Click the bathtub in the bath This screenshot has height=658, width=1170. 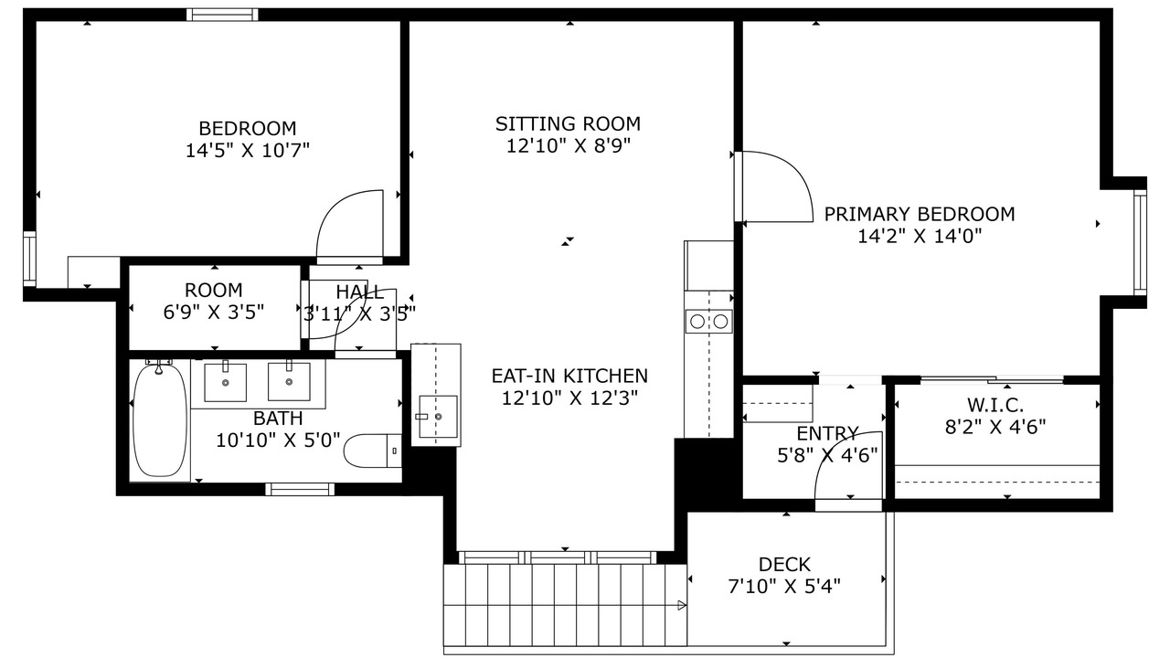pyautogui.click(x=160, y=419)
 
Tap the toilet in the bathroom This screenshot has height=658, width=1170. pyautogui.click(x=372, y=451)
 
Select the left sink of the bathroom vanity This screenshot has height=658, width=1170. pyautogui.click(x=225, y=382)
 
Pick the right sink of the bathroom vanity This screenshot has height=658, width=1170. pyautogui.click(x=289, y=382)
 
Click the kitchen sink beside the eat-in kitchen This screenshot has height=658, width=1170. pyautogui.click(x=438, y=416)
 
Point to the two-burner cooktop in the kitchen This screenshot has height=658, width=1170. pyautogui.click(x=708, y=321)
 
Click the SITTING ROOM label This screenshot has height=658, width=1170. pyautogui.click(x=568, y=123)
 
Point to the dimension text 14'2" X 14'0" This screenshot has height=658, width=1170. pyautogui.click(x=920, y=237)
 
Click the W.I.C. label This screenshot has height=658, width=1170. pyautogui.click(x=995, y=405)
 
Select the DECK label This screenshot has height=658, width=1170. pyautogui.click(x=784, y=565)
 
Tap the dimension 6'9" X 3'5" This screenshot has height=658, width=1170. pyautogui.click(x=214, y=313)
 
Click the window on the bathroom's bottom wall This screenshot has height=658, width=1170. pyautogui.click(x=300, y=489)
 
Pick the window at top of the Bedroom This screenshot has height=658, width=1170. pyautogui.click(x=222, y=15)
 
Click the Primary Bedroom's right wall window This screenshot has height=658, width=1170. pyautogui.click(x=1140, y=243)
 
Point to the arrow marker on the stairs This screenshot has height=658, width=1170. pyautogui.click(x=682, y=605)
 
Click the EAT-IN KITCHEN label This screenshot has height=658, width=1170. pyautogui.click(x=569, y=376)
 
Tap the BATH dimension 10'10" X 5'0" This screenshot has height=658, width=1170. pyautogui.click(x=278, y=440)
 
